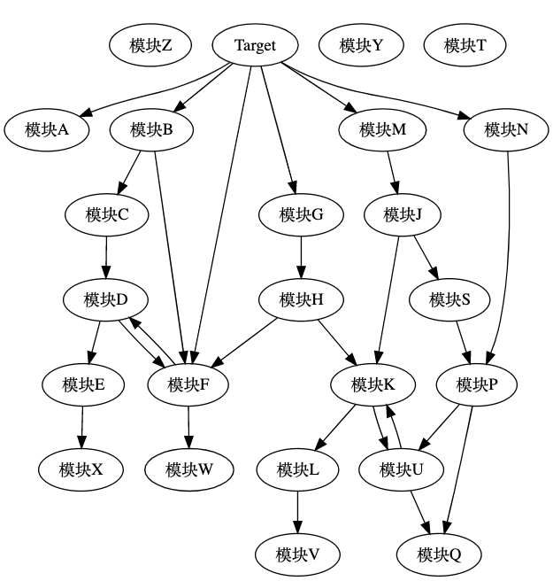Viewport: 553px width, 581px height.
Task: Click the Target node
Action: (x=255, y=46)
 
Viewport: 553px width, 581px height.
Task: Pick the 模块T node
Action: (x=465, y=46)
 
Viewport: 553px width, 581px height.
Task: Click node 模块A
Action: (x=47, y=130)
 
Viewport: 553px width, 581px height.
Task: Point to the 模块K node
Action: (x=373, y=384)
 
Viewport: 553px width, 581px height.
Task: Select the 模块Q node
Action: (x=440, y=555)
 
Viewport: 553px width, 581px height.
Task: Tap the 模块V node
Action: (x=297, y=555)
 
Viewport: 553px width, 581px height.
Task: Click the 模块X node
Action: (x=81, y=469)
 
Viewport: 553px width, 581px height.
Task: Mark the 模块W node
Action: (x=188, y=469)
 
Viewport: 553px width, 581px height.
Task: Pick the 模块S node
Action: (x=449, y=299)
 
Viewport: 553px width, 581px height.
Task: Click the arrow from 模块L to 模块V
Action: (x=297, y=512)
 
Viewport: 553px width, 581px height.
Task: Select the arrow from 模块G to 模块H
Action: (x=301, y=257)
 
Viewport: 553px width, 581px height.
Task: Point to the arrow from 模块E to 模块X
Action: (x=83, y=427)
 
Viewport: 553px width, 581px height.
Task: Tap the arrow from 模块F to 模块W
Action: (x=188, y=427)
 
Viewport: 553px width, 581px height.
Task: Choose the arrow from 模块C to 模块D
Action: (x=106, y=257)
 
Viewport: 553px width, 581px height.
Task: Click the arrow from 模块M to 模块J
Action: (x=393, y=173)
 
